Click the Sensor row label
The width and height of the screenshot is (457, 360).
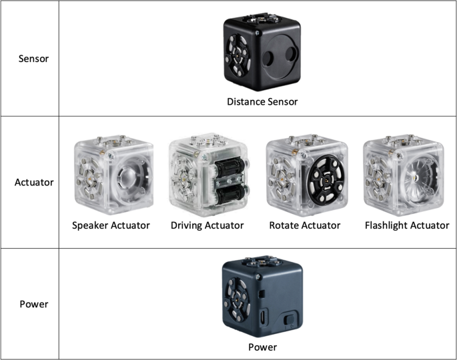(x=33, y=59)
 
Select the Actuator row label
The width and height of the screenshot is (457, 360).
(x=34, y=182)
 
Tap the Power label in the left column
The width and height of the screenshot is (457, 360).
(x=34, y=304)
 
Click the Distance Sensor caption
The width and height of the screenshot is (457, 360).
(x=262, y=101)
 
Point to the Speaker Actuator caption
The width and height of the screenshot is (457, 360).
(x=111, y=225)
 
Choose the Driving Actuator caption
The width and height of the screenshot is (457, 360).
(x=207, y=225)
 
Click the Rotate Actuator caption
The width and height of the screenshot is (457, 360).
(x=305, y=225)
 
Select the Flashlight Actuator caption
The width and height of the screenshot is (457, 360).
(x=407, y=225)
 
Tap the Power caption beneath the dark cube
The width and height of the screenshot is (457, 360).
(x=262, y=347)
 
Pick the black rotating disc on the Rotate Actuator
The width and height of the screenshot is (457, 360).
(x=326, y=180)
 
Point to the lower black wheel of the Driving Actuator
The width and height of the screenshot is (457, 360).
(x=230, y=194)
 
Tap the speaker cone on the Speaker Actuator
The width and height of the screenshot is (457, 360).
(x=129, y=178)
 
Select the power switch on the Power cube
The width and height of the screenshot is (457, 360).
(x=290, y=319)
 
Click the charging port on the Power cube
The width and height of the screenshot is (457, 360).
(x=263, y=317)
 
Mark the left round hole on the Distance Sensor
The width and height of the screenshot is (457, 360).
(x=268, y=59)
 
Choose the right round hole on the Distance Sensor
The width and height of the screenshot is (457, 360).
(x=291, y=54)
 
